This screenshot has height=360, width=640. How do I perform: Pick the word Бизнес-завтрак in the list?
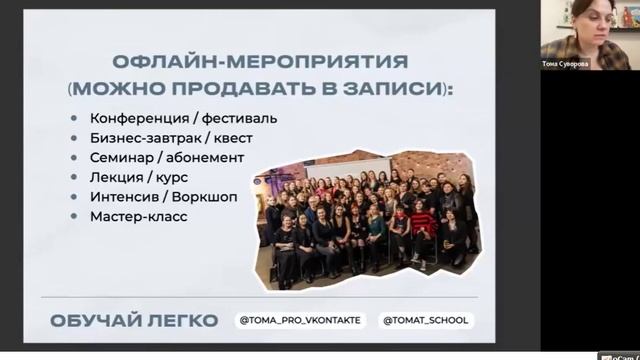(x=146, y=138)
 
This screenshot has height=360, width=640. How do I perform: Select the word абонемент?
(x=206, y=157)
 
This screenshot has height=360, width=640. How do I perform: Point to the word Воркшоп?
(x=207, y=196)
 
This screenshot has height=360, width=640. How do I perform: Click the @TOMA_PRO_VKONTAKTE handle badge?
(x=301, y=321)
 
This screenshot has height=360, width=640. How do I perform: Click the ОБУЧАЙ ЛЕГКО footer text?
(x=133, y=321)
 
